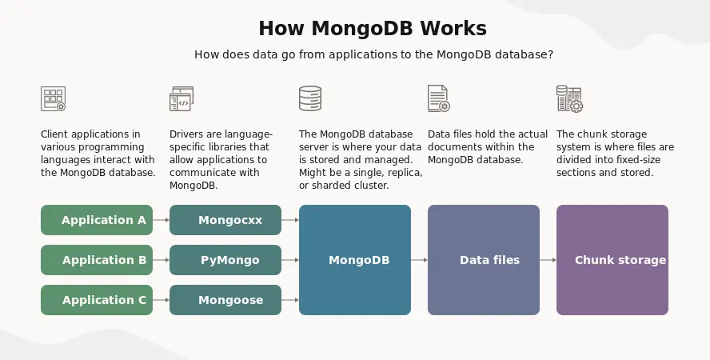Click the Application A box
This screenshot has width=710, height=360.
click(x=97, y=220)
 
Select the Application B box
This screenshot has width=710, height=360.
click(x=97, y=260)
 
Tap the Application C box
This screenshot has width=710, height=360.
click(x=97, y=300)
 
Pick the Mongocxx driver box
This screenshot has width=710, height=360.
click(x=225, y=220)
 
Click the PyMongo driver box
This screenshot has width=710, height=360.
click(x=225, y=260)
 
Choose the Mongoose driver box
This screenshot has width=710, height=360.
click(x=225, y=300)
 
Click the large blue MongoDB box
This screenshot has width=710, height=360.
click(x=355, y=260)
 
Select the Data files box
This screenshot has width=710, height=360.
click(x=484, y=260)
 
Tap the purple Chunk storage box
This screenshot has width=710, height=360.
click(x=612, y=260)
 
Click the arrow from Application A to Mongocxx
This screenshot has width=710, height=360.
click(x=162, y=220)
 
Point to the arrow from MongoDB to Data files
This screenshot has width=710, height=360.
click(x=419, y=260)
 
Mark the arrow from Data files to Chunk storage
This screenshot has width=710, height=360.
click(x=548, y=260)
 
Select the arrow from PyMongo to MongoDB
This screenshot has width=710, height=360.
click(x=290, y=260)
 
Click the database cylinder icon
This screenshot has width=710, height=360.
click(x=310, y=98)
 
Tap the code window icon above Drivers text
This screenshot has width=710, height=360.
click(x=181, y=98)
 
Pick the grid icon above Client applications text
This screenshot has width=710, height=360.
click(x=53, y=98)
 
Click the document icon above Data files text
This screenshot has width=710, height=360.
click(x=439, y=98)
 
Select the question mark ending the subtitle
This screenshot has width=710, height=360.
click(x=550, y=54)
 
